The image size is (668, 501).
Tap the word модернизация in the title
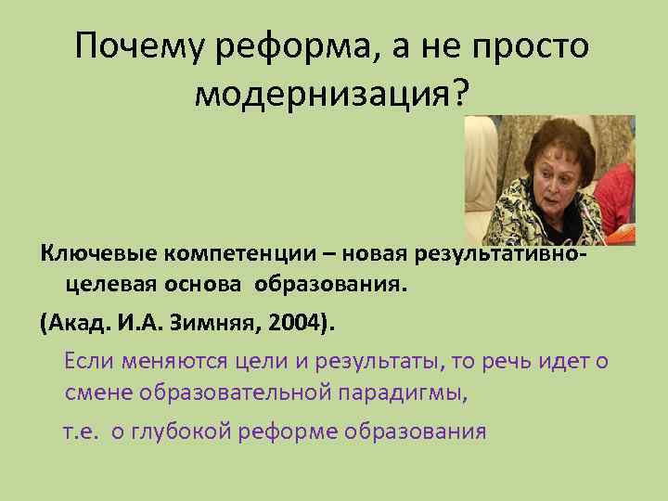[320, 93]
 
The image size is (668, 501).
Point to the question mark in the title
[460, 93]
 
